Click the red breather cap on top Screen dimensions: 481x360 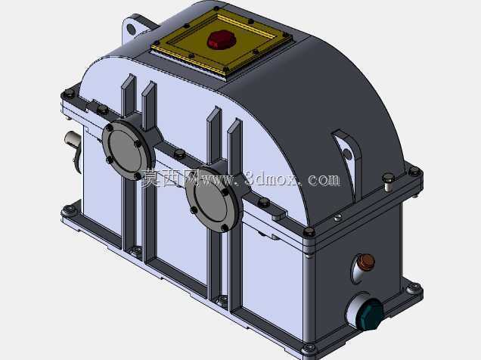[221, 40]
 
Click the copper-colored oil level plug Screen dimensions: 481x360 [367, 262]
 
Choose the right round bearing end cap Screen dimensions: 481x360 [212, 198]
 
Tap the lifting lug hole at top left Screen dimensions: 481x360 [131, 29]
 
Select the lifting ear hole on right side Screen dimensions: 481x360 [347, 154]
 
